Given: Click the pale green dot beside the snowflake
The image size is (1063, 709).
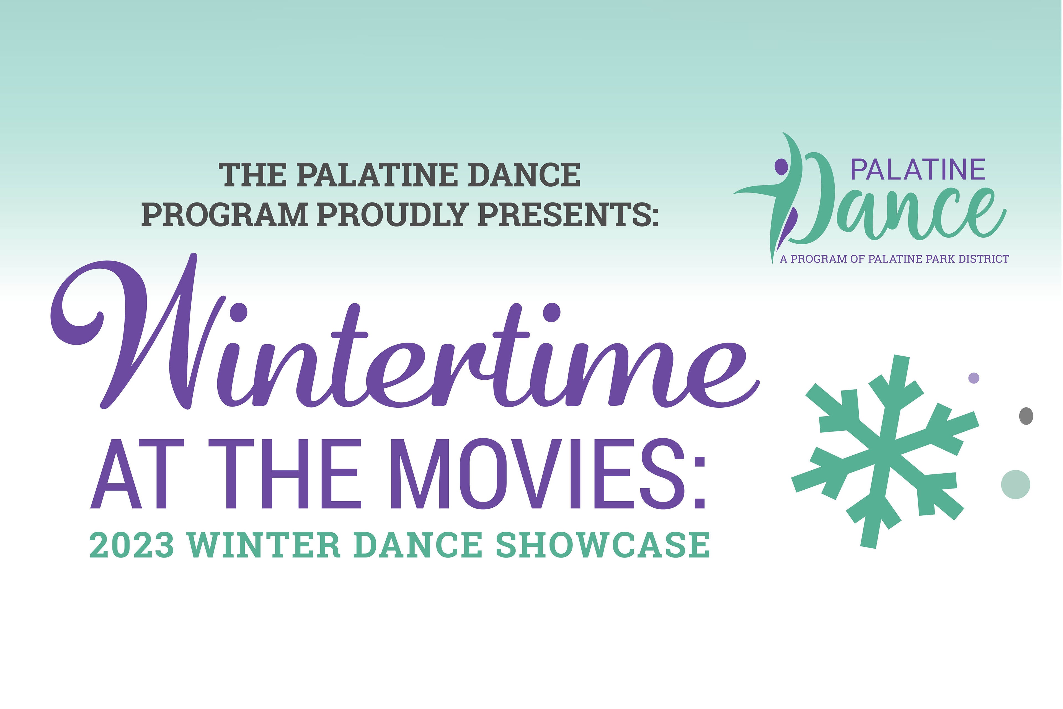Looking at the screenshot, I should click(1016, 485).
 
